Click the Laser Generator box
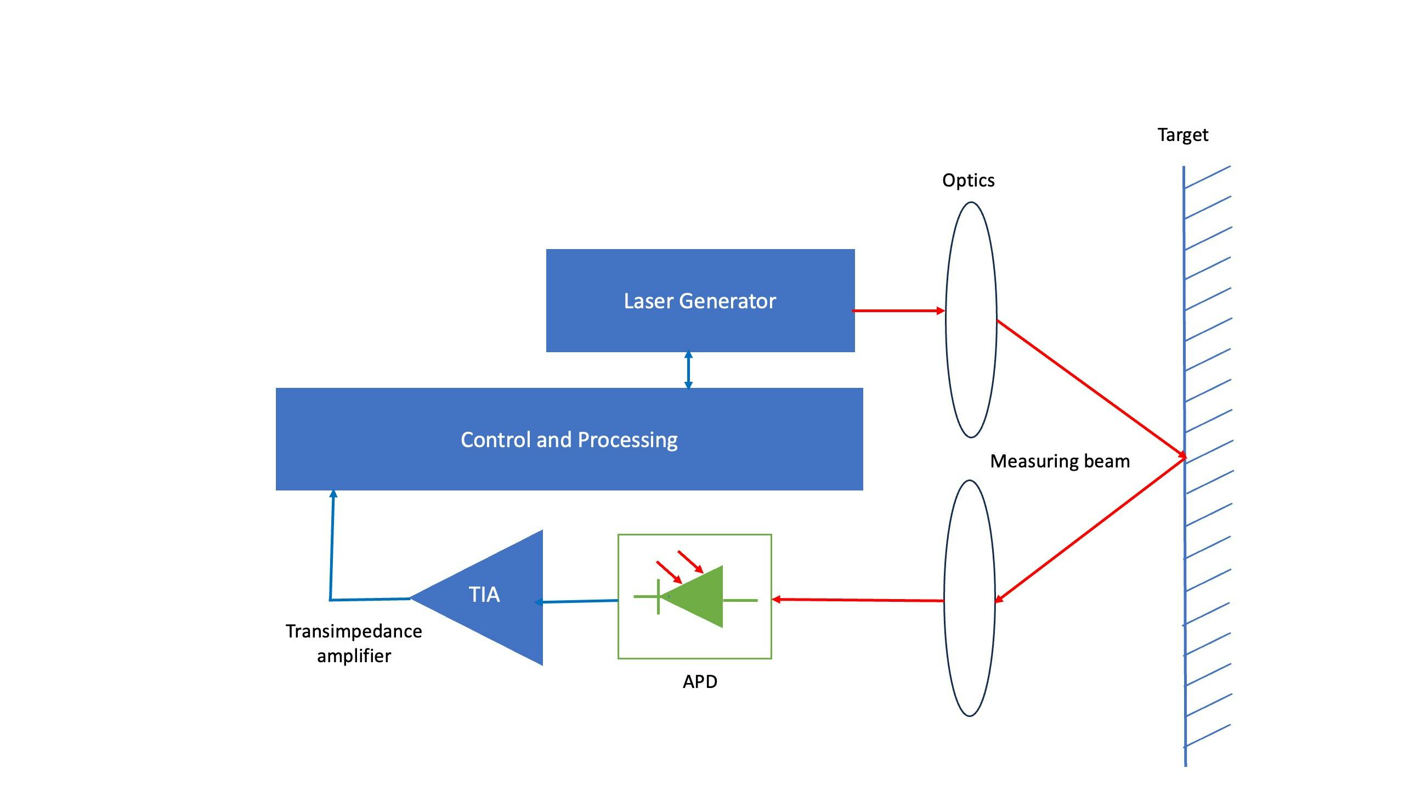pyautogui.click(x=700, y=301)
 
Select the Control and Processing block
pyautogui.click(x=569, y=439)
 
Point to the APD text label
pyautogui.click(x=700, y=681)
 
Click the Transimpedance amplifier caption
pyautogui.click(x=354, y=643)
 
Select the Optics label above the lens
pyautogui.click(x=968, y=180)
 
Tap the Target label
pyautogui.click(x=1182, y=135)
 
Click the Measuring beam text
pyautogui.click(x=1060, y=461)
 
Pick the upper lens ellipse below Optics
pyautogui.click(x=971, y=319)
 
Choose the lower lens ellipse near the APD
pyautogui.click(x=969, y=598)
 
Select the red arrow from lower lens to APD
pyautogui.click(x=858, y=600)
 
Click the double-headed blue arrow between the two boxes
pyautogui.click(x=688, y=370)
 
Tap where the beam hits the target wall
pyautogui.click(x=1184, y=456)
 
